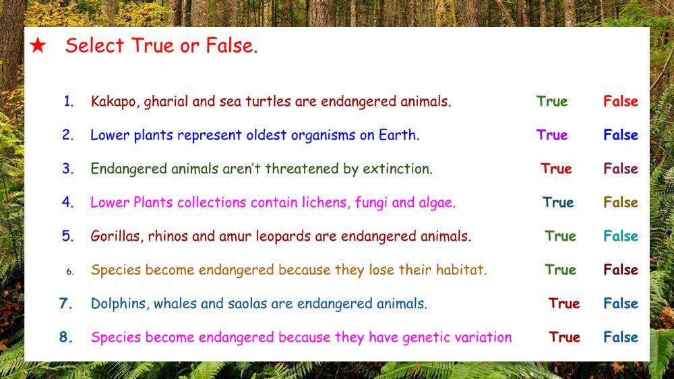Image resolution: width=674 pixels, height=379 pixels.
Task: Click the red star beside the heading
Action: (x=38, y=46)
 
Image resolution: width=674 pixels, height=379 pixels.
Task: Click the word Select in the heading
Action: (x=94, y=46)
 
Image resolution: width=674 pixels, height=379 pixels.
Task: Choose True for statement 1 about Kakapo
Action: (x=552, y=101)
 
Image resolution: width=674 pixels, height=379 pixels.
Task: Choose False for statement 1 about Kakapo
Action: (x=620, y=101)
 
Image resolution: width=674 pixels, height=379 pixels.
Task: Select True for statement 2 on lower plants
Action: (x=552, y=135)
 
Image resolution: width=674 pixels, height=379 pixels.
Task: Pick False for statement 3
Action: (x=620, y=169)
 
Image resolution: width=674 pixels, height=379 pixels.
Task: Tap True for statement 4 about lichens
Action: (x=558, y=202)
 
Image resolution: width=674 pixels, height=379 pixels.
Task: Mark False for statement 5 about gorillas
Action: (x=620, y=236)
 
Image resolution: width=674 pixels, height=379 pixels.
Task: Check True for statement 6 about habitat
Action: (x=560, y=270)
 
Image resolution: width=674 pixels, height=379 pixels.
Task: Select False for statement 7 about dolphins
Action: (x=620, y=303)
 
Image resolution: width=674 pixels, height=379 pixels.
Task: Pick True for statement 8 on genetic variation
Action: (x=564, y=337)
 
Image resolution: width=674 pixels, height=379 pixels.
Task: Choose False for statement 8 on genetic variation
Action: (x=620, y=337)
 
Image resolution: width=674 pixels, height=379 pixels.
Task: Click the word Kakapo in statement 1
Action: (x=112, y=102)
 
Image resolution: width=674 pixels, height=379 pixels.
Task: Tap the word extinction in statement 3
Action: (x=397, y=169)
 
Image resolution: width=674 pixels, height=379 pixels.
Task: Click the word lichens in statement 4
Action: (x=325, y=202)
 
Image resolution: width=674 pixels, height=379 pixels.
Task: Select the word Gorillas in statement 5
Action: (x=115, y=237)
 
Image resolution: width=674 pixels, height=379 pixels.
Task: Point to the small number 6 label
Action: (x=69, y=272)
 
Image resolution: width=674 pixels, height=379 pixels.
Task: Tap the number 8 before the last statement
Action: (x=65, y=337)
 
